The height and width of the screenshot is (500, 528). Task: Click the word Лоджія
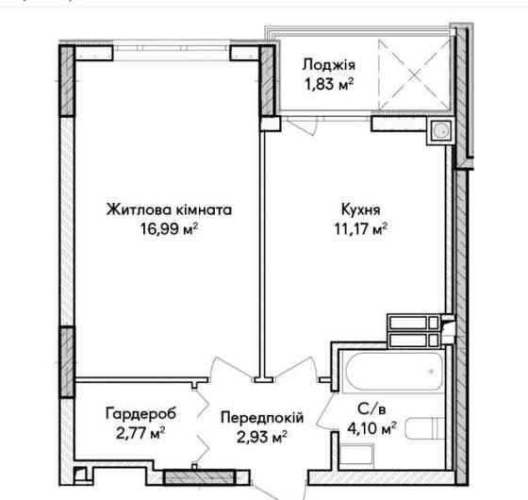(328, 65)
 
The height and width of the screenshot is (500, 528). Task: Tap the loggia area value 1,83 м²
(328, 83)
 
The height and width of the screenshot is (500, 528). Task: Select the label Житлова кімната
(169, 210)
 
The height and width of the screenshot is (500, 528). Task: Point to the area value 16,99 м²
(169, 228)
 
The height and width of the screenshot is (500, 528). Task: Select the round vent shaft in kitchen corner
(439, 133)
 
